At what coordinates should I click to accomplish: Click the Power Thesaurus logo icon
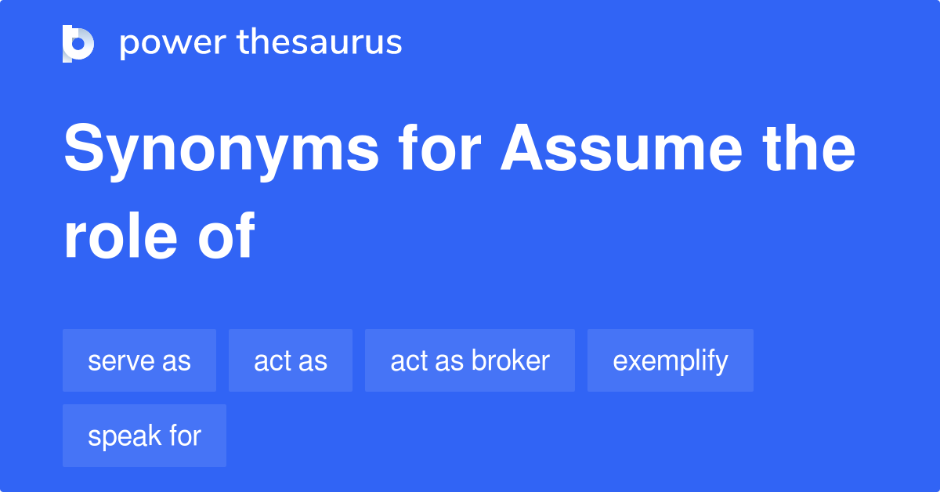tap(78, 43)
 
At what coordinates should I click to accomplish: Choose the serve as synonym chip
tap(139, 360)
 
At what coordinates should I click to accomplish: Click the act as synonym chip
tap(291, 360)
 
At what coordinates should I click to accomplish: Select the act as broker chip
tap(470, 360)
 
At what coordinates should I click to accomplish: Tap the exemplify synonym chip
tap(671, 360)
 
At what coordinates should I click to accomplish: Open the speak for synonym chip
tap(144, 436)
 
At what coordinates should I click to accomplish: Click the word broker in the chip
tap(510, 360)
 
